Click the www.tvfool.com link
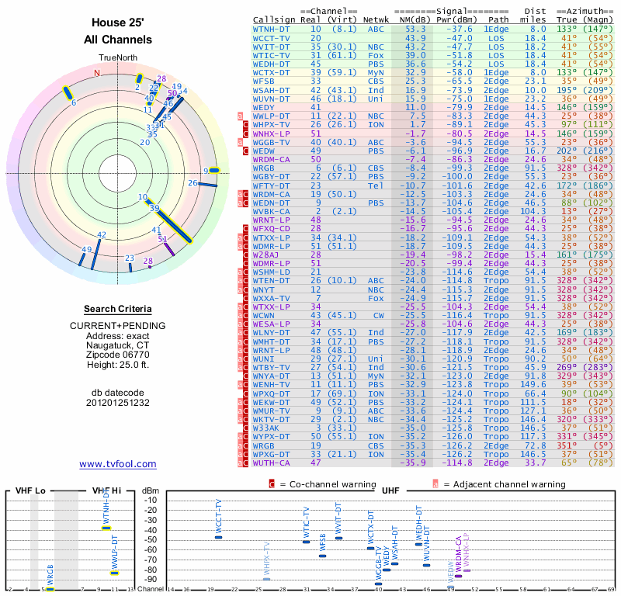click(x=117, y=464)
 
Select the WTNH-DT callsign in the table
click(x=272, y=29)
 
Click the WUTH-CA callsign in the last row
click(x=272, y=463)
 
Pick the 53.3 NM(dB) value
click(x=415, y=29)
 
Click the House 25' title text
click(x=117, y=23)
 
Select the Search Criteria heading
click(x=117, y=309)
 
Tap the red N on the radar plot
click(x=97, y=73)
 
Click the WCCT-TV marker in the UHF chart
click(x=218, y=536)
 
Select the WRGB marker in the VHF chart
click(x=50, y=588)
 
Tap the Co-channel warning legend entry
click(x=314, y=484)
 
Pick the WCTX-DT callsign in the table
click(x=272, y=71)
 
